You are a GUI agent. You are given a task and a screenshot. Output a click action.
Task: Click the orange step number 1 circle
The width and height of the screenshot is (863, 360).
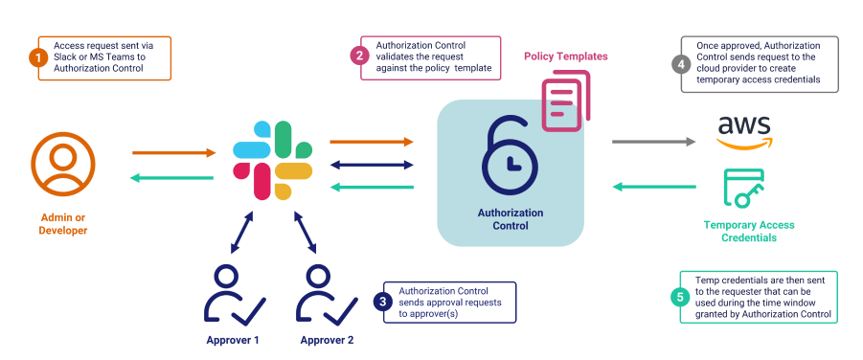(x=39, y=58)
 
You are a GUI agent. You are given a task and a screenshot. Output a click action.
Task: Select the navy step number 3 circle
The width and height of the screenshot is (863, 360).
(x=382, y=301)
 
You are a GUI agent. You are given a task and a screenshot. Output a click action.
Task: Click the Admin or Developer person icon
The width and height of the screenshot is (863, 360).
(x=63, y=165)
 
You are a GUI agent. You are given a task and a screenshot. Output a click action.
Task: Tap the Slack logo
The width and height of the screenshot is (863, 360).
(x=273, y=160)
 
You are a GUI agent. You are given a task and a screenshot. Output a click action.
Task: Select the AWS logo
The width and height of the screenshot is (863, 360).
(x=745, y=131)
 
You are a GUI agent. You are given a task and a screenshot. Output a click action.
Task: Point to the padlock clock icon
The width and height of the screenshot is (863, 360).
(x=509, y=152)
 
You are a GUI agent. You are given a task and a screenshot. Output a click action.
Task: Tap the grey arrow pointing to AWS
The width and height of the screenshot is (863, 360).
(x=654, y=142)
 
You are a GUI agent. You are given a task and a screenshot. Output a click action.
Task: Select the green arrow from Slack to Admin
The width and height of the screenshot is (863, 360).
(x=172, y=177)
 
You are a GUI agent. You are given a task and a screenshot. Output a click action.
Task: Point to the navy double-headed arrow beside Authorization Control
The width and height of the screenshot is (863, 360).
(x=372, y=164)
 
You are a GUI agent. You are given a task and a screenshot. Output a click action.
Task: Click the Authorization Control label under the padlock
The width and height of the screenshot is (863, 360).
(x=510, y=219)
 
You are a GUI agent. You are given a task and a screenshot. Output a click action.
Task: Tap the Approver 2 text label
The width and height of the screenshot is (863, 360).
(x=327, y=340)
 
